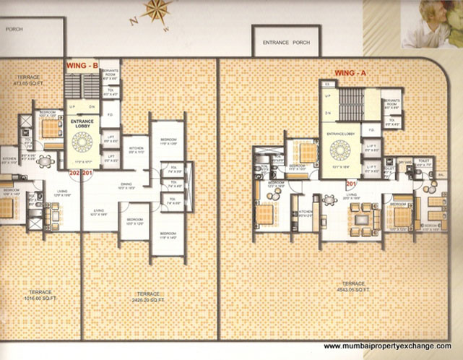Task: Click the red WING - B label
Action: (82, 66)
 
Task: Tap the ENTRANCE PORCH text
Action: (287, 43)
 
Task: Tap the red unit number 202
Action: (74, 173)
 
